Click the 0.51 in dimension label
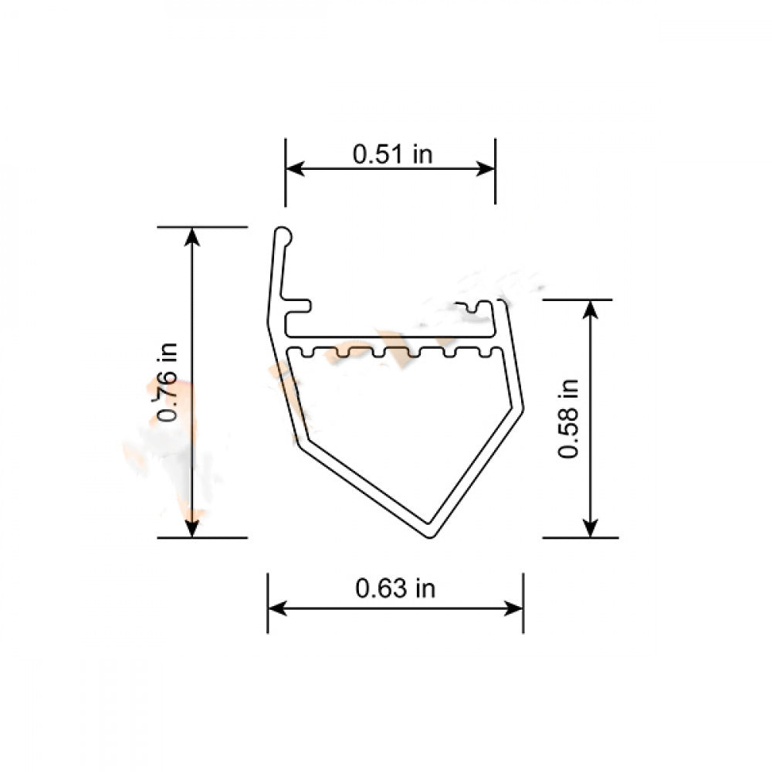coord(392,154)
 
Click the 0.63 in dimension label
coord(395,589)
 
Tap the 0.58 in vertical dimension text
coord(569,418)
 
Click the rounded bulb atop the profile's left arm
coord(283,234)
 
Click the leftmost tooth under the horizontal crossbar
coord(311,354)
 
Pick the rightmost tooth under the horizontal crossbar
coord(486,354)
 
